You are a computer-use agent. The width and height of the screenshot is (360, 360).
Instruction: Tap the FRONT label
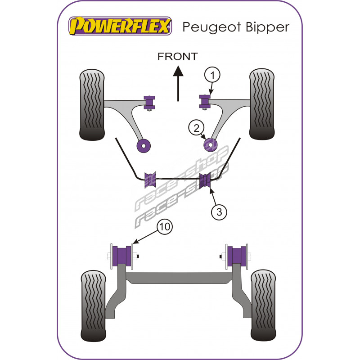177,56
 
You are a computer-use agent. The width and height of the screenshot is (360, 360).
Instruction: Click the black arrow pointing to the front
179,83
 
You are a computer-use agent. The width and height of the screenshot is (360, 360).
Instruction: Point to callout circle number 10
164,228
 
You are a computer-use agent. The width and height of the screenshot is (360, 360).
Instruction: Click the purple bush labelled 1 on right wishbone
205,102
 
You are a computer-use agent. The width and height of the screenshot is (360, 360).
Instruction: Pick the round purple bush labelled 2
211,145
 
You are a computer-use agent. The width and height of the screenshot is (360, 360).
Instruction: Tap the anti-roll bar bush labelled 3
205,180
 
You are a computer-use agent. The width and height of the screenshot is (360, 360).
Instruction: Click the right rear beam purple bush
237,256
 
